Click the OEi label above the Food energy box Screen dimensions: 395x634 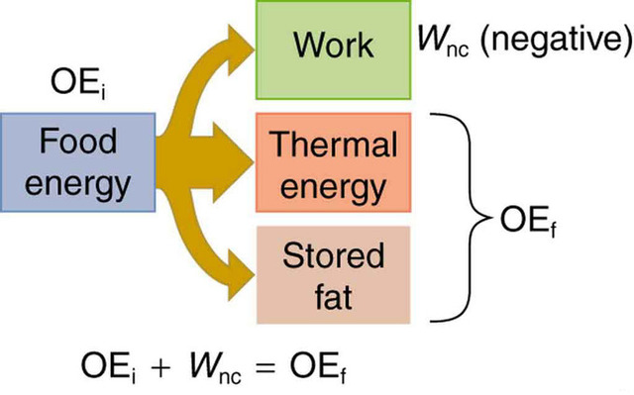pos(73,76)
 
